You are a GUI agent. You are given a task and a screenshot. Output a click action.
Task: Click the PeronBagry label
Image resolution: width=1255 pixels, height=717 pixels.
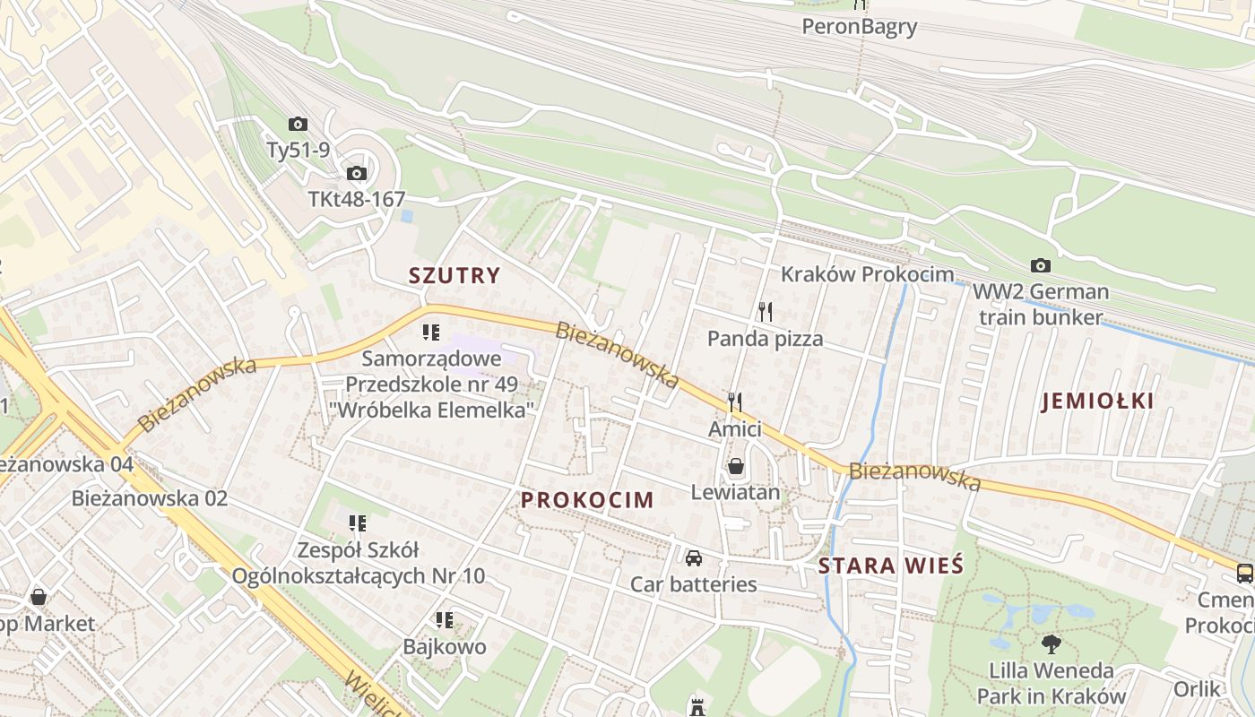[x=860, y=26]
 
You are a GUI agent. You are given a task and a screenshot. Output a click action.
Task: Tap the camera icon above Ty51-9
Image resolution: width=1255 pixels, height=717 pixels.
[x=298, y=125]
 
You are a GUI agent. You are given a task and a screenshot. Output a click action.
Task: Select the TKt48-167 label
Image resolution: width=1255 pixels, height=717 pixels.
[x=357, y=199]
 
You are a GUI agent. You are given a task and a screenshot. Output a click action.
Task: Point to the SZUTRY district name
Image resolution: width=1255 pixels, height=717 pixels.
[x=454, y=275]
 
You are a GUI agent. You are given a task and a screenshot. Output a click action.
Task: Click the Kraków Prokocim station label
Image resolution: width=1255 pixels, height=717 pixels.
[x=867, y=273]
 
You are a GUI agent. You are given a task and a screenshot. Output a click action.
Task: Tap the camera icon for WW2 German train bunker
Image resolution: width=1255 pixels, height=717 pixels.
[x=1040, y=265]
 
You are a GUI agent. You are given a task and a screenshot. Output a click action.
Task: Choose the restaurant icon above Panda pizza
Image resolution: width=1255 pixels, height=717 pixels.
[x=765, y=311]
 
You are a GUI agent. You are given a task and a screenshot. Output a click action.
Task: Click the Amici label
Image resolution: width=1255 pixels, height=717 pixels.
[x=735, y=429]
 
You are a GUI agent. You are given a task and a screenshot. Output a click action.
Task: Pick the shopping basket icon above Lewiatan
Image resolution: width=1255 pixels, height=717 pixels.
[x=735, y=466]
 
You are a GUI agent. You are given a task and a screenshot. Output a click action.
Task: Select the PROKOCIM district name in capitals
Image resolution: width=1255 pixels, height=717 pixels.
[x=587, y=500]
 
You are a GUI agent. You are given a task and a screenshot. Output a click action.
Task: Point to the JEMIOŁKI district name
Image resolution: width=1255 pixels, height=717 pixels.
[x=1097, y=402]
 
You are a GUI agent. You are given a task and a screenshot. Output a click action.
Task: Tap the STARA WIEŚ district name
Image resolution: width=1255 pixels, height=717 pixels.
[x=890, y=566]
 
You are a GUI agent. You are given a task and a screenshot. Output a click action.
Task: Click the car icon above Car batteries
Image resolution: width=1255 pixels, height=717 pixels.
[x=693, y=558]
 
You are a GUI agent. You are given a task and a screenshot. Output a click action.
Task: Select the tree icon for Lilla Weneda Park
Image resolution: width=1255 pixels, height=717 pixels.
[x=1051, y=643]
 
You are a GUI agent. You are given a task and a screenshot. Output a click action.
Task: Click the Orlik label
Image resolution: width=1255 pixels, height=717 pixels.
[x=1198, y=689]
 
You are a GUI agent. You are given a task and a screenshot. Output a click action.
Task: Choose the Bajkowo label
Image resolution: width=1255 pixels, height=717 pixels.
[x=445, y=646]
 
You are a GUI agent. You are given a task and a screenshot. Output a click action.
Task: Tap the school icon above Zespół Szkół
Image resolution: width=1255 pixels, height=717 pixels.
[x=358, y=523]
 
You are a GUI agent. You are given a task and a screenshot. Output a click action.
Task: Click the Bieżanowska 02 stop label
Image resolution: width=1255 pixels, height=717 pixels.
[x=150, y=498]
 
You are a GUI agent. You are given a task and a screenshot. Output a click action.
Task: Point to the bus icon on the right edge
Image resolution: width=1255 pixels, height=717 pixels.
[x=1244, y=573]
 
